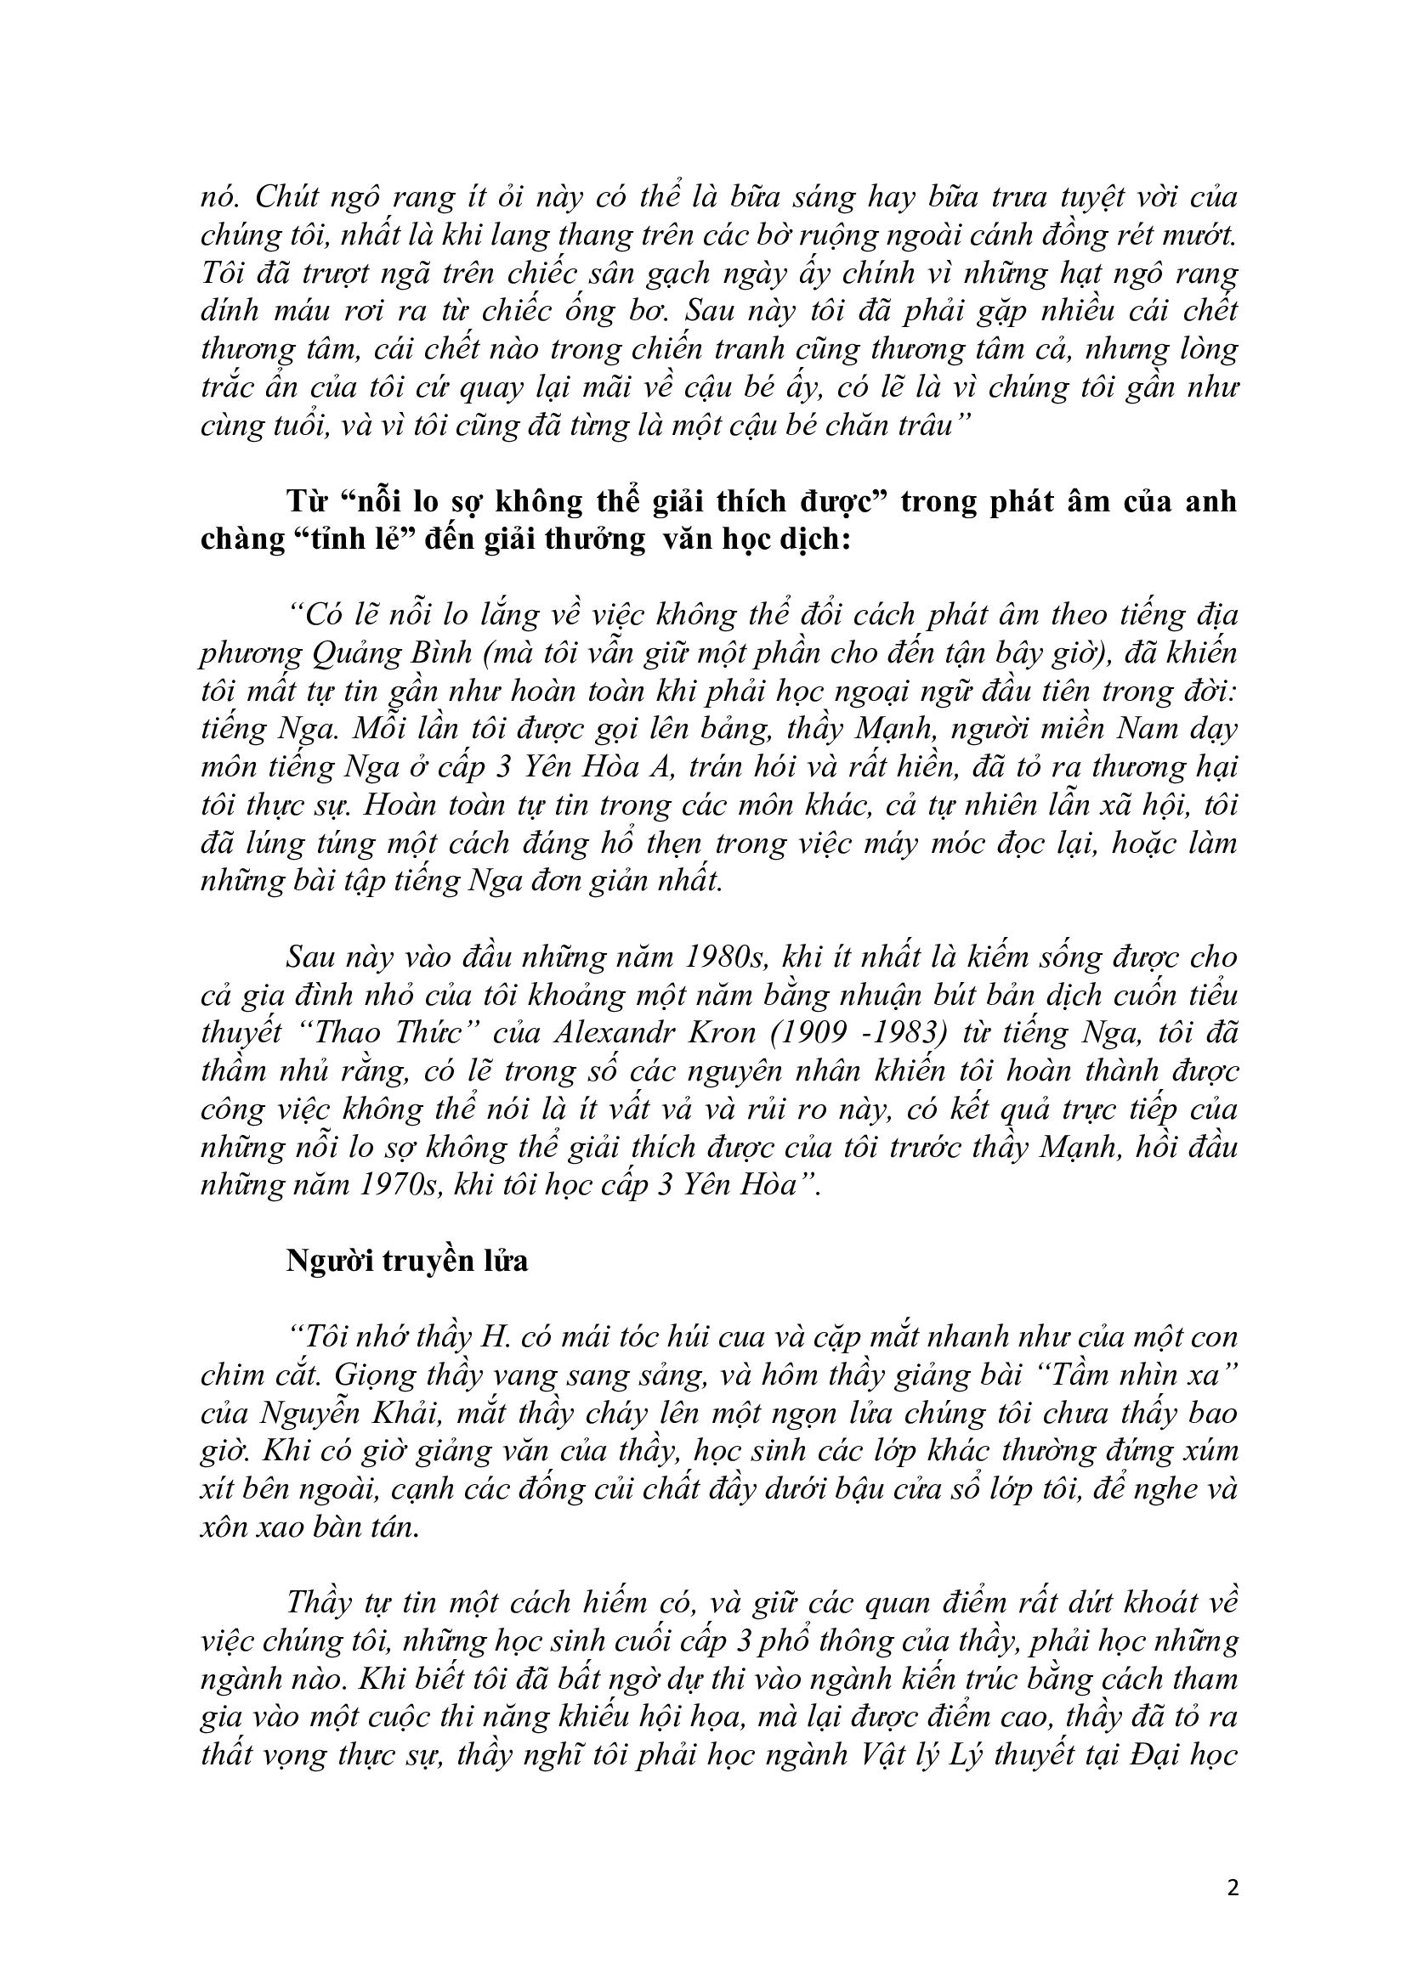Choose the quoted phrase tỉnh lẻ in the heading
click(x=345, y=539)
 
